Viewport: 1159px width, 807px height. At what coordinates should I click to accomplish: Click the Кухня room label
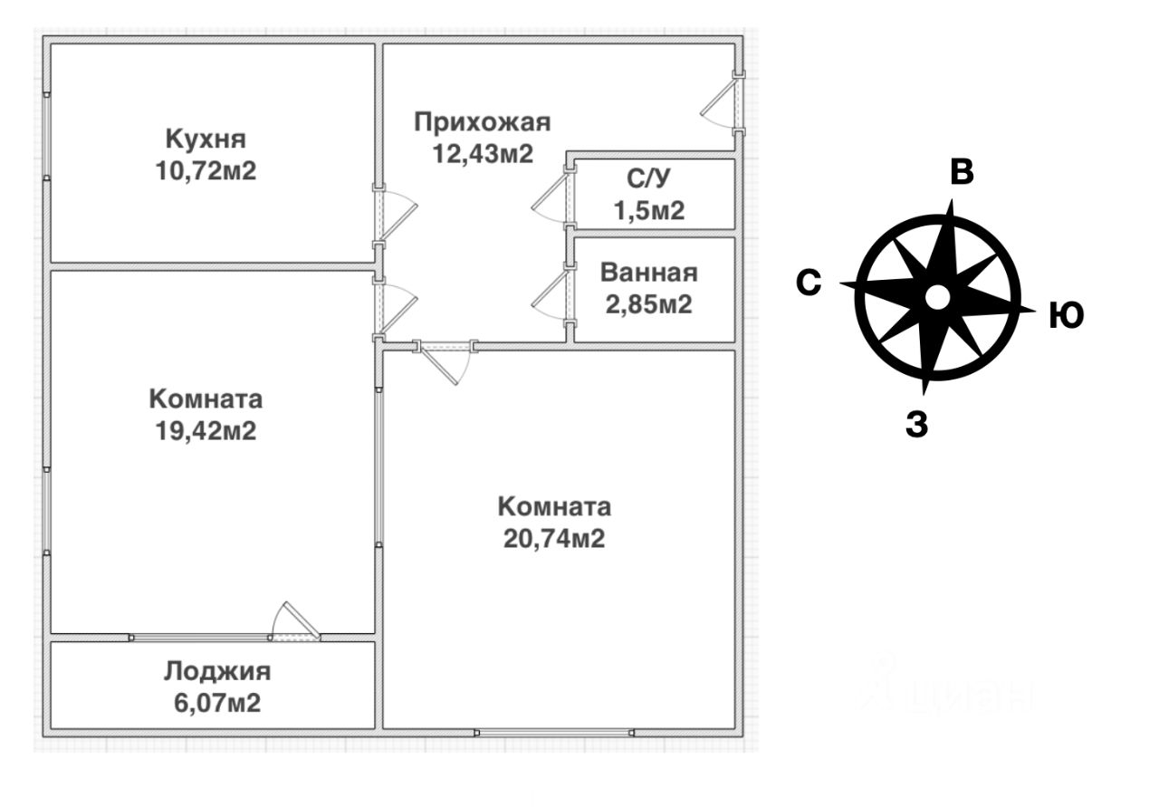point(206,139)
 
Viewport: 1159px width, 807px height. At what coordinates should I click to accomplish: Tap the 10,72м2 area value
point(206,170)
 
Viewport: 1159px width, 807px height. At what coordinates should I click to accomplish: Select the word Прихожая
point(483,122)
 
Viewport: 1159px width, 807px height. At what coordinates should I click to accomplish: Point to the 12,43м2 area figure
point(483,154)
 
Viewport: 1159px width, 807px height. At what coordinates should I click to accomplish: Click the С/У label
point(648,178)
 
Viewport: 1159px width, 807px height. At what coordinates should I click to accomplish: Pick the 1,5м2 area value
point(649,210)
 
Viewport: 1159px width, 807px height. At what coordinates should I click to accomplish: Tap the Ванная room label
point(649,273)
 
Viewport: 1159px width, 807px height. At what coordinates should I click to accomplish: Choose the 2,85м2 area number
point(649,304)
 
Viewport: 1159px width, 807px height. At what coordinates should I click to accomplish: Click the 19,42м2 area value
point(206,431)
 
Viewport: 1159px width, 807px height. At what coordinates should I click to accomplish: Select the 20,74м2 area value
point(554,538)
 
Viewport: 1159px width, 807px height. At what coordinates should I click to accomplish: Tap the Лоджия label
point(217,671)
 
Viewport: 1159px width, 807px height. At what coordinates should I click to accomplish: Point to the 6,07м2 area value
point(217,703)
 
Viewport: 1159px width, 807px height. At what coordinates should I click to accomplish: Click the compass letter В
point(962,172)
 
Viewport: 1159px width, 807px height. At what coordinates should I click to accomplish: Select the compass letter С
point(809,283)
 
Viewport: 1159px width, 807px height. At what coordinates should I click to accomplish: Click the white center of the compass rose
point(937,298)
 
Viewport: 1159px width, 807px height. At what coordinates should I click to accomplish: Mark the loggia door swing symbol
point(295,621)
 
